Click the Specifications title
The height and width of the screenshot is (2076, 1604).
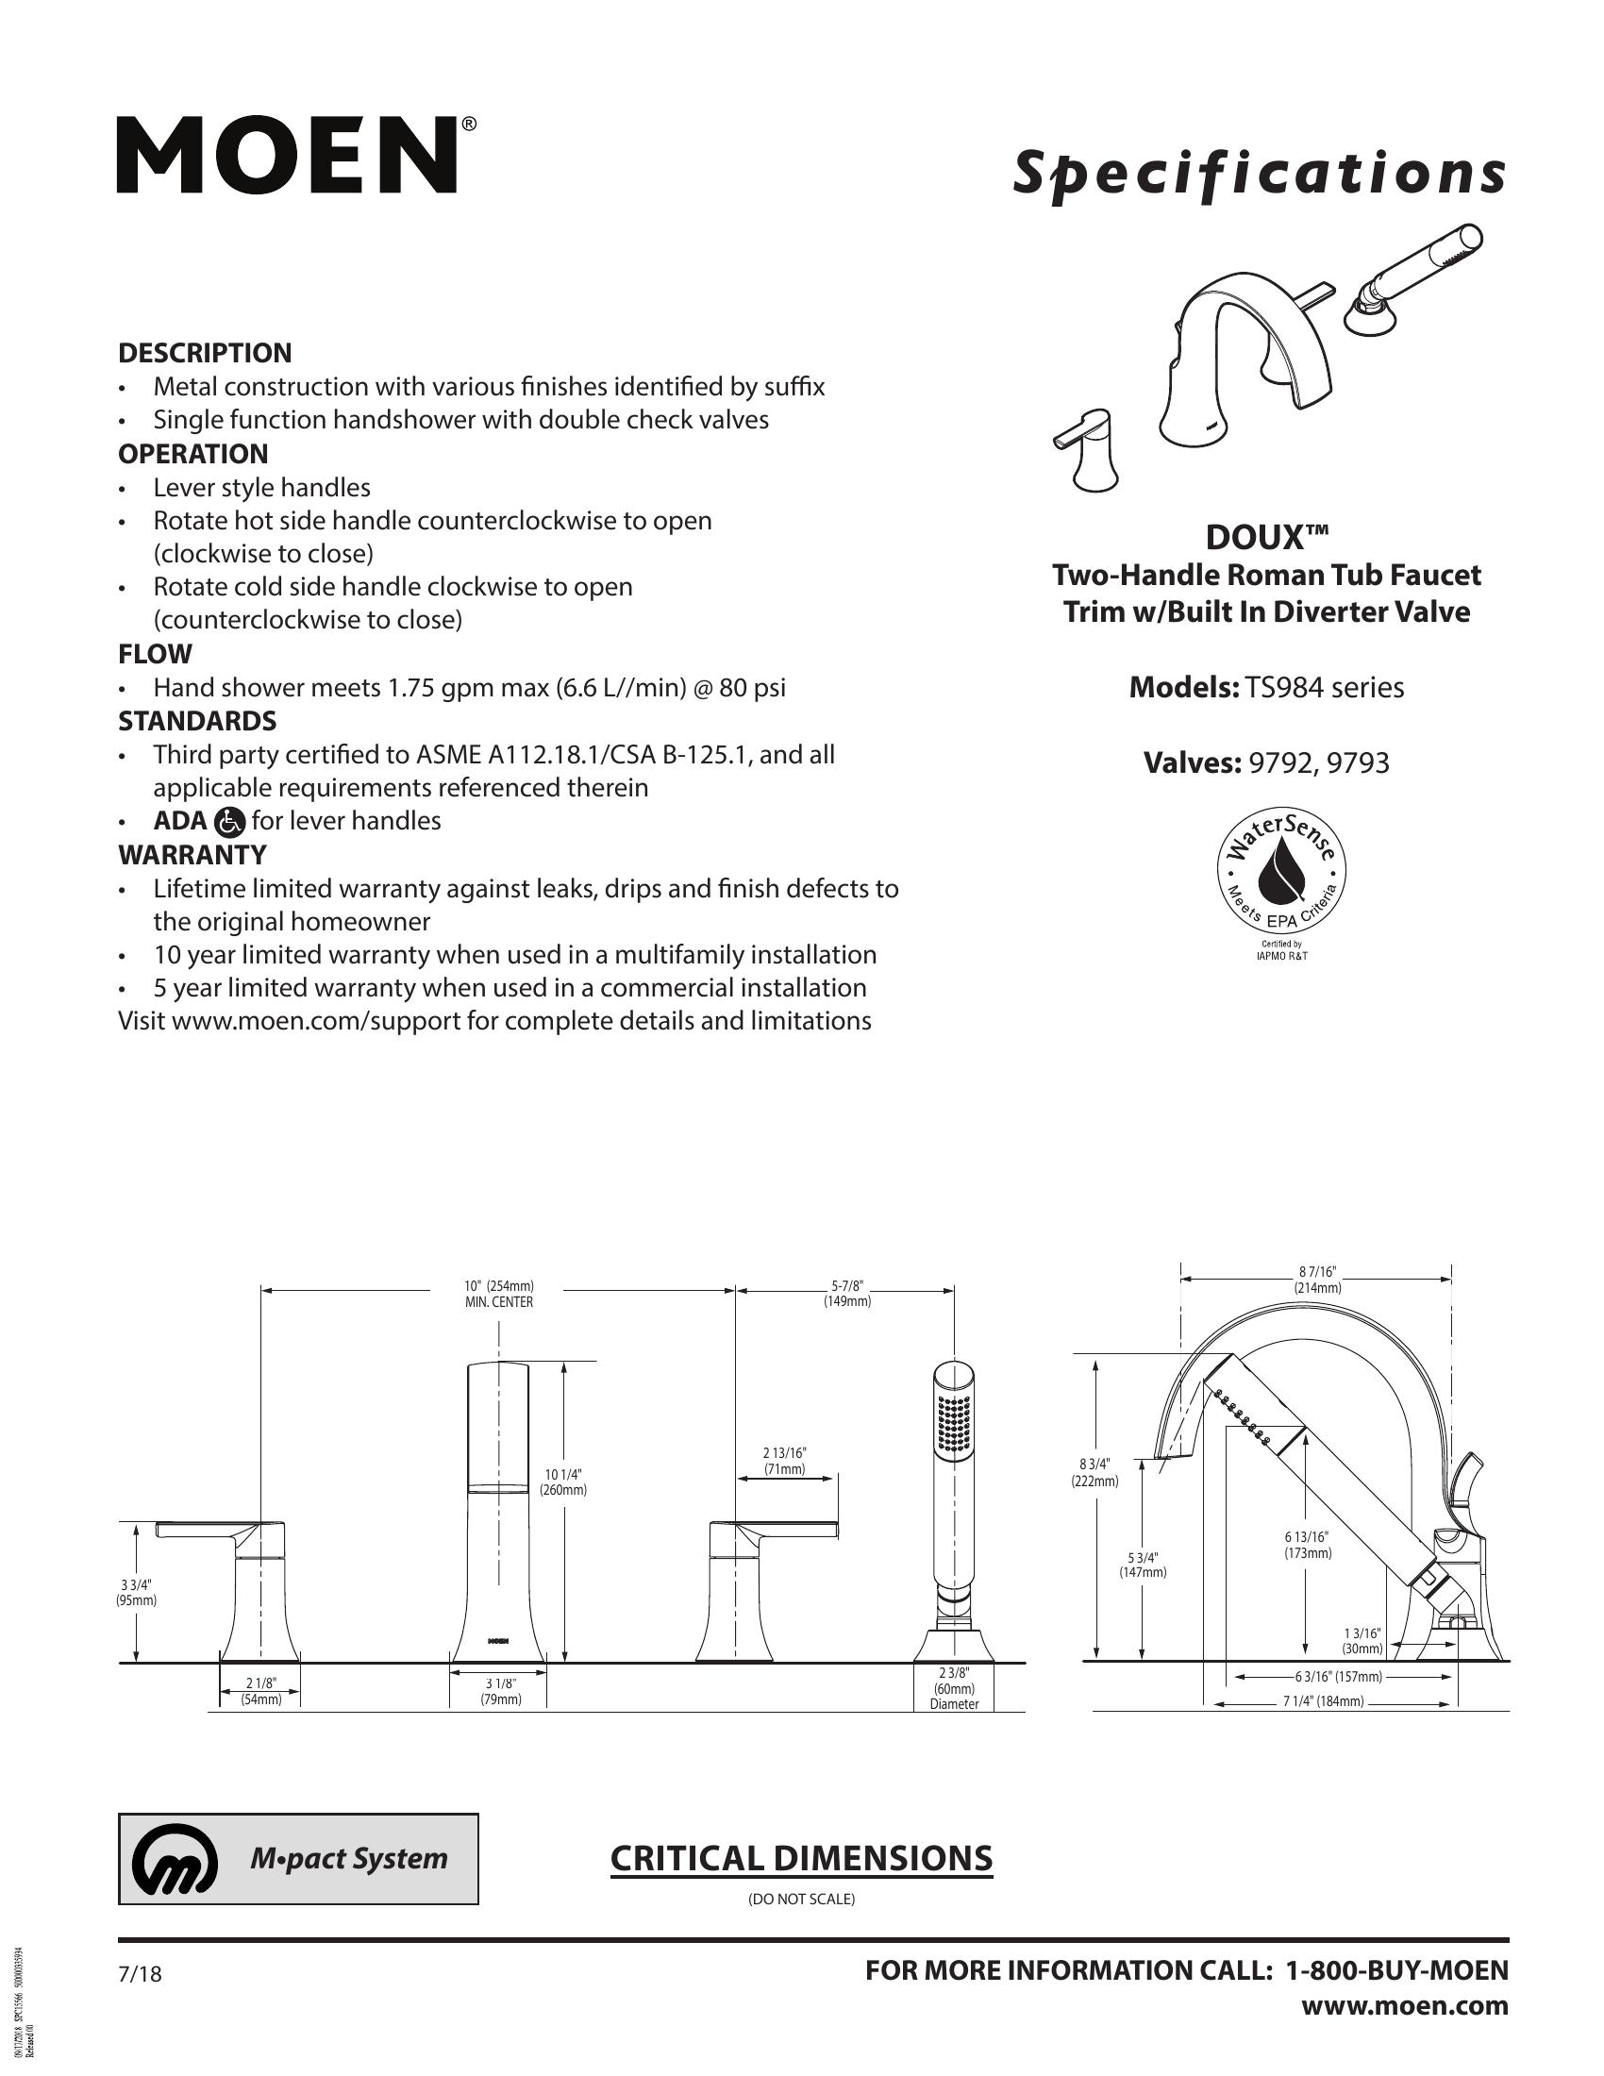coord(1258,174)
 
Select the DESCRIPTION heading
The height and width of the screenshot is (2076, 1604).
coord(205,353)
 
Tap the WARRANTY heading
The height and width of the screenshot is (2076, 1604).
coord(192,855)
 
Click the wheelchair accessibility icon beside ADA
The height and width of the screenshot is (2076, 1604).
coord(231,820)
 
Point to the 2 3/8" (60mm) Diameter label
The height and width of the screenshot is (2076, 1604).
coord(954,1688)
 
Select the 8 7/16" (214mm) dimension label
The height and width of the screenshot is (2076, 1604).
coord(1317,1280)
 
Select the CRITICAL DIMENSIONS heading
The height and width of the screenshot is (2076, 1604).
coord(801,1858)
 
